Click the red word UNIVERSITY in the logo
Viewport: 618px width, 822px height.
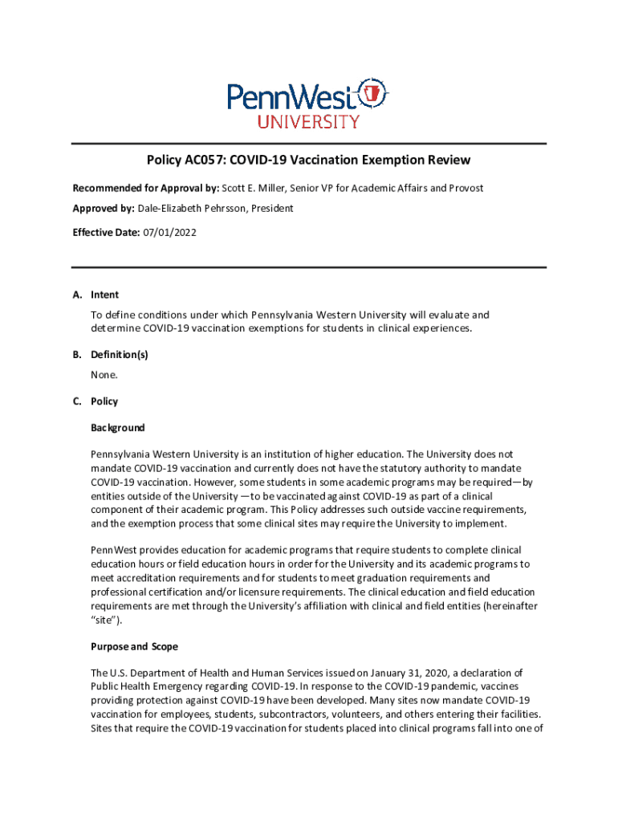(x=308, y=122)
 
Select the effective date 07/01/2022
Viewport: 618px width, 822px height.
(x=169, y=233)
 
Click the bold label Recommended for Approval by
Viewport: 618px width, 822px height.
(x=145, y=188)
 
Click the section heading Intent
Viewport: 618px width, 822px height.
(x=105, y=295)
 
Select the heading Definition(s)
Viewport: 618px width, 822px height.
(x=120, y=354)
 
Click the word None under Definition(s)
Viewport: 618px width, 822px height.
(x=104, y=375)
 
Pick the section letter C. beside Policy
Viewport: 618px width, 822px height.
(x=78, y=401)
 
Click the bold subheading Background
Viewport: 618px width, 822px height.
(x=118, y=428)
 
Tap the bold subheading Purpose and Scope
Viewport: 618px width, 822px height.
(x=134, y=646)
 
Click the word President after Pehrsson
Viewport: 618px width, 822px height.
(x=271, y=209)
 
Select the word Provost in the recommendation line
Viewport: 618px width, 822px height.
(x=465, y=188)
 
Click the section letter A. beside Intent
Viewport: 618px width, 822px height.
(x=78, y=295)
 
